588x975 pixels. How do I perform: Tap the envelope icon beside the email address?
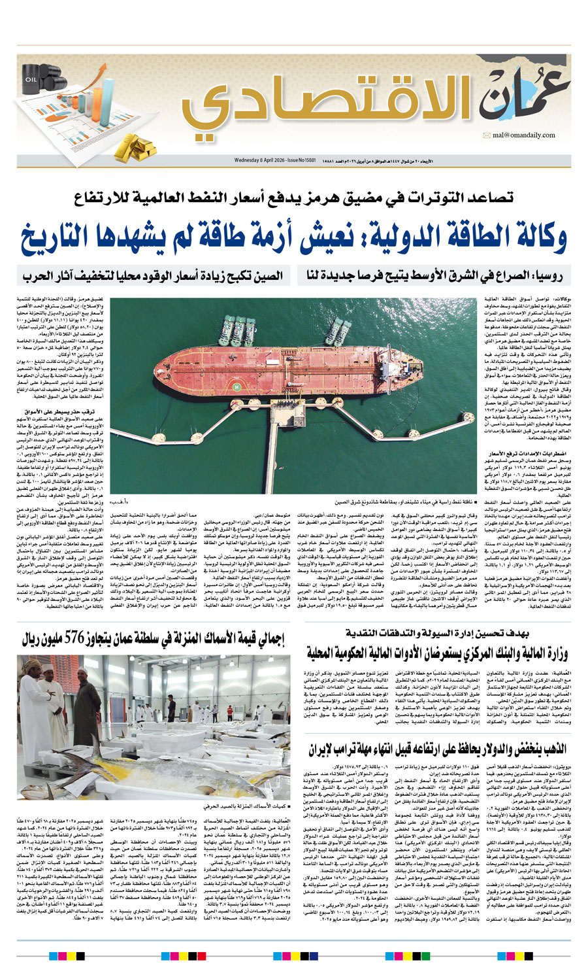tap(487, 135)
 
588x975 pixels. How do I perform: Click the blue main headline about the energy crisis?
tap(294, 239)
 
